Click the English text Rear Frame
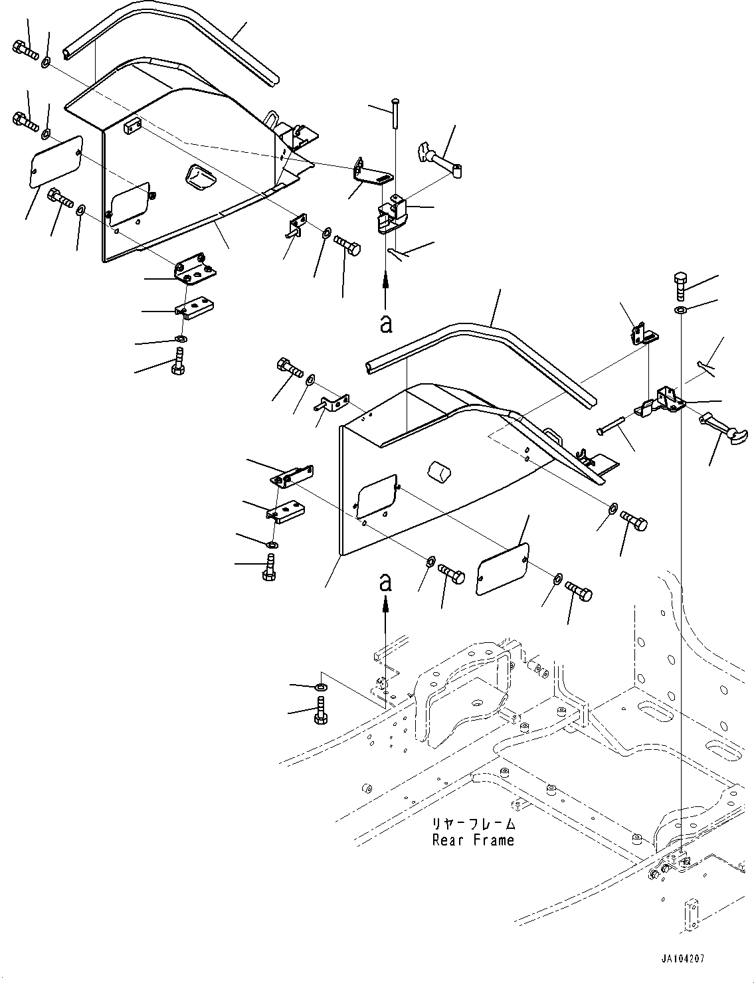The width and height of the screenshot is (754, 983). (x=473, y=840)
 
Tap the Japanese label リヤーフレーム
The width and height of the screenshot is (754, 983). (x=473, y=824)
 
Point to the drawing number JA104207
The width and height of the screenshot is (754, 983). (x=683, y=955)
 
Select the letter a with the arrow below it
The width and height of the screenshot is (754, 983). (x=385, y=582)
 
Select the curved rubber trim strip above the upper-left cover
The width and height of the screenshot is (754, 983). (x=171, y=42)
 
